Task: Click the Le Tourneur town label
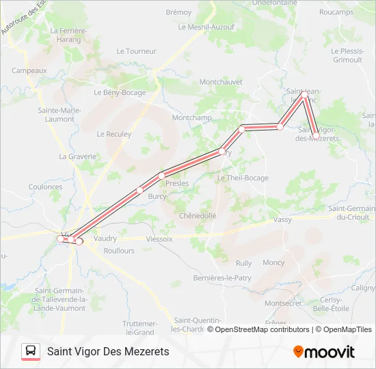(x=137, y=51)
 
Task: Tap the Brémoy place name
(x=178, y=12)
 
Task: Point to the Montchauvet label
(x=221, y=82)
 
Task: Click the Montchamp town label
(x=191, y=118)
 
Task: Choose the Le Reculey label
(x=114, y=134)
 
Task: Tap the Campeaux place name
(x=29, y=70)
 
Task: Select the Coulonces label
(x=46, y=187)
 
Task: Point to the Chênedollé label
(x=197, y=215)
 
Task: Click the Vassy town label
(x=282, y=219)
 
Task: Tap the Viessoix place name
(x=159, y=240)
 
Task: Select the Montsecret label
(x=282, y=303)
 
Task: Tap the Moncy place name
(x=273, y=262)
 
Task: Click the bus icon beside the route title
(x=31, y=351)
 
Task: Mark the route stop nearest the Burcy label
(x=139, y=190)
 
